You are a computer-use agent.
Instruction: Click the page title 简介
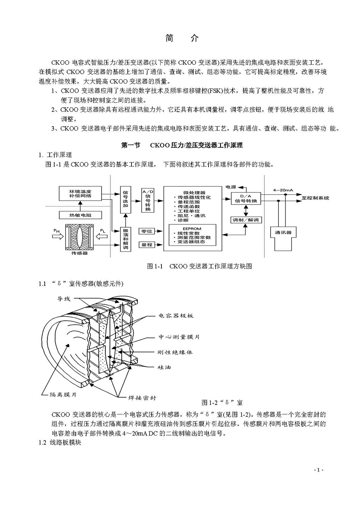click(x=182, y=38)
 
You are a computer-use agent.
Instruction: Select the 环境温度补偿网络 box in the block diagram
click(x=80, y=194)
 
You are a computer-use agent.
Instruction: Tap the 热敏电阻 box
click(x=80, y=215)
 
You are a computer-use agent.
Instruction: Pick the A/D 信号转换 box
click(x=147, y=200)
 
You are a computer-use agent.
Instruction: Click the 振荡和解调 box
click(x=125, y=239)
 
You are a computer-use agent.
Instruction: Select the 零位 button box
click(x=147, y=231)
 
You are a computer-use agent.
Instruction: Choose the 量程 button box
click(x=147, y=245)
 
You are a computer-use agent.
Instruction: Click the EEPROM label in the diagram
click(x=191, y=229)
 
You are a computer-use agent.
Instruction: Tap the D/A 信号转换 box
click(x=246, y=198)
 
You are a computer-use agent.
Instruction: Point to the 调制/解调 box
click(x=246, y=220)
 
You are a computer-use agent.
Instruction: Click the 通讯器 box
click(x=283, y=232)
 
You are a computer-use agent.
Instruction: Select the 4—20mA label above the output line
click(x=283, y=190)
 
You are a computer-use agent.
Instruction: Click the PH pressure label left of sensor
click(x=56, y=230)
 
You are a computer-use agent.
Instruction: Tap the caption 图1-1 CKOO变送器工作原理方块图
click(x=199, y=266)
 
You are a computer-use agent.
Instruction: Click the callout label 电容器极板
click(x=176, y=315)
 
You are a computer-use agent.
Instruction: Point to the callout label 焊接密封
click(x=142, y=398)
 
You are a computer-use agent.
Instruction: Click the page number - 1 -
click(x=319, y=470)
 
